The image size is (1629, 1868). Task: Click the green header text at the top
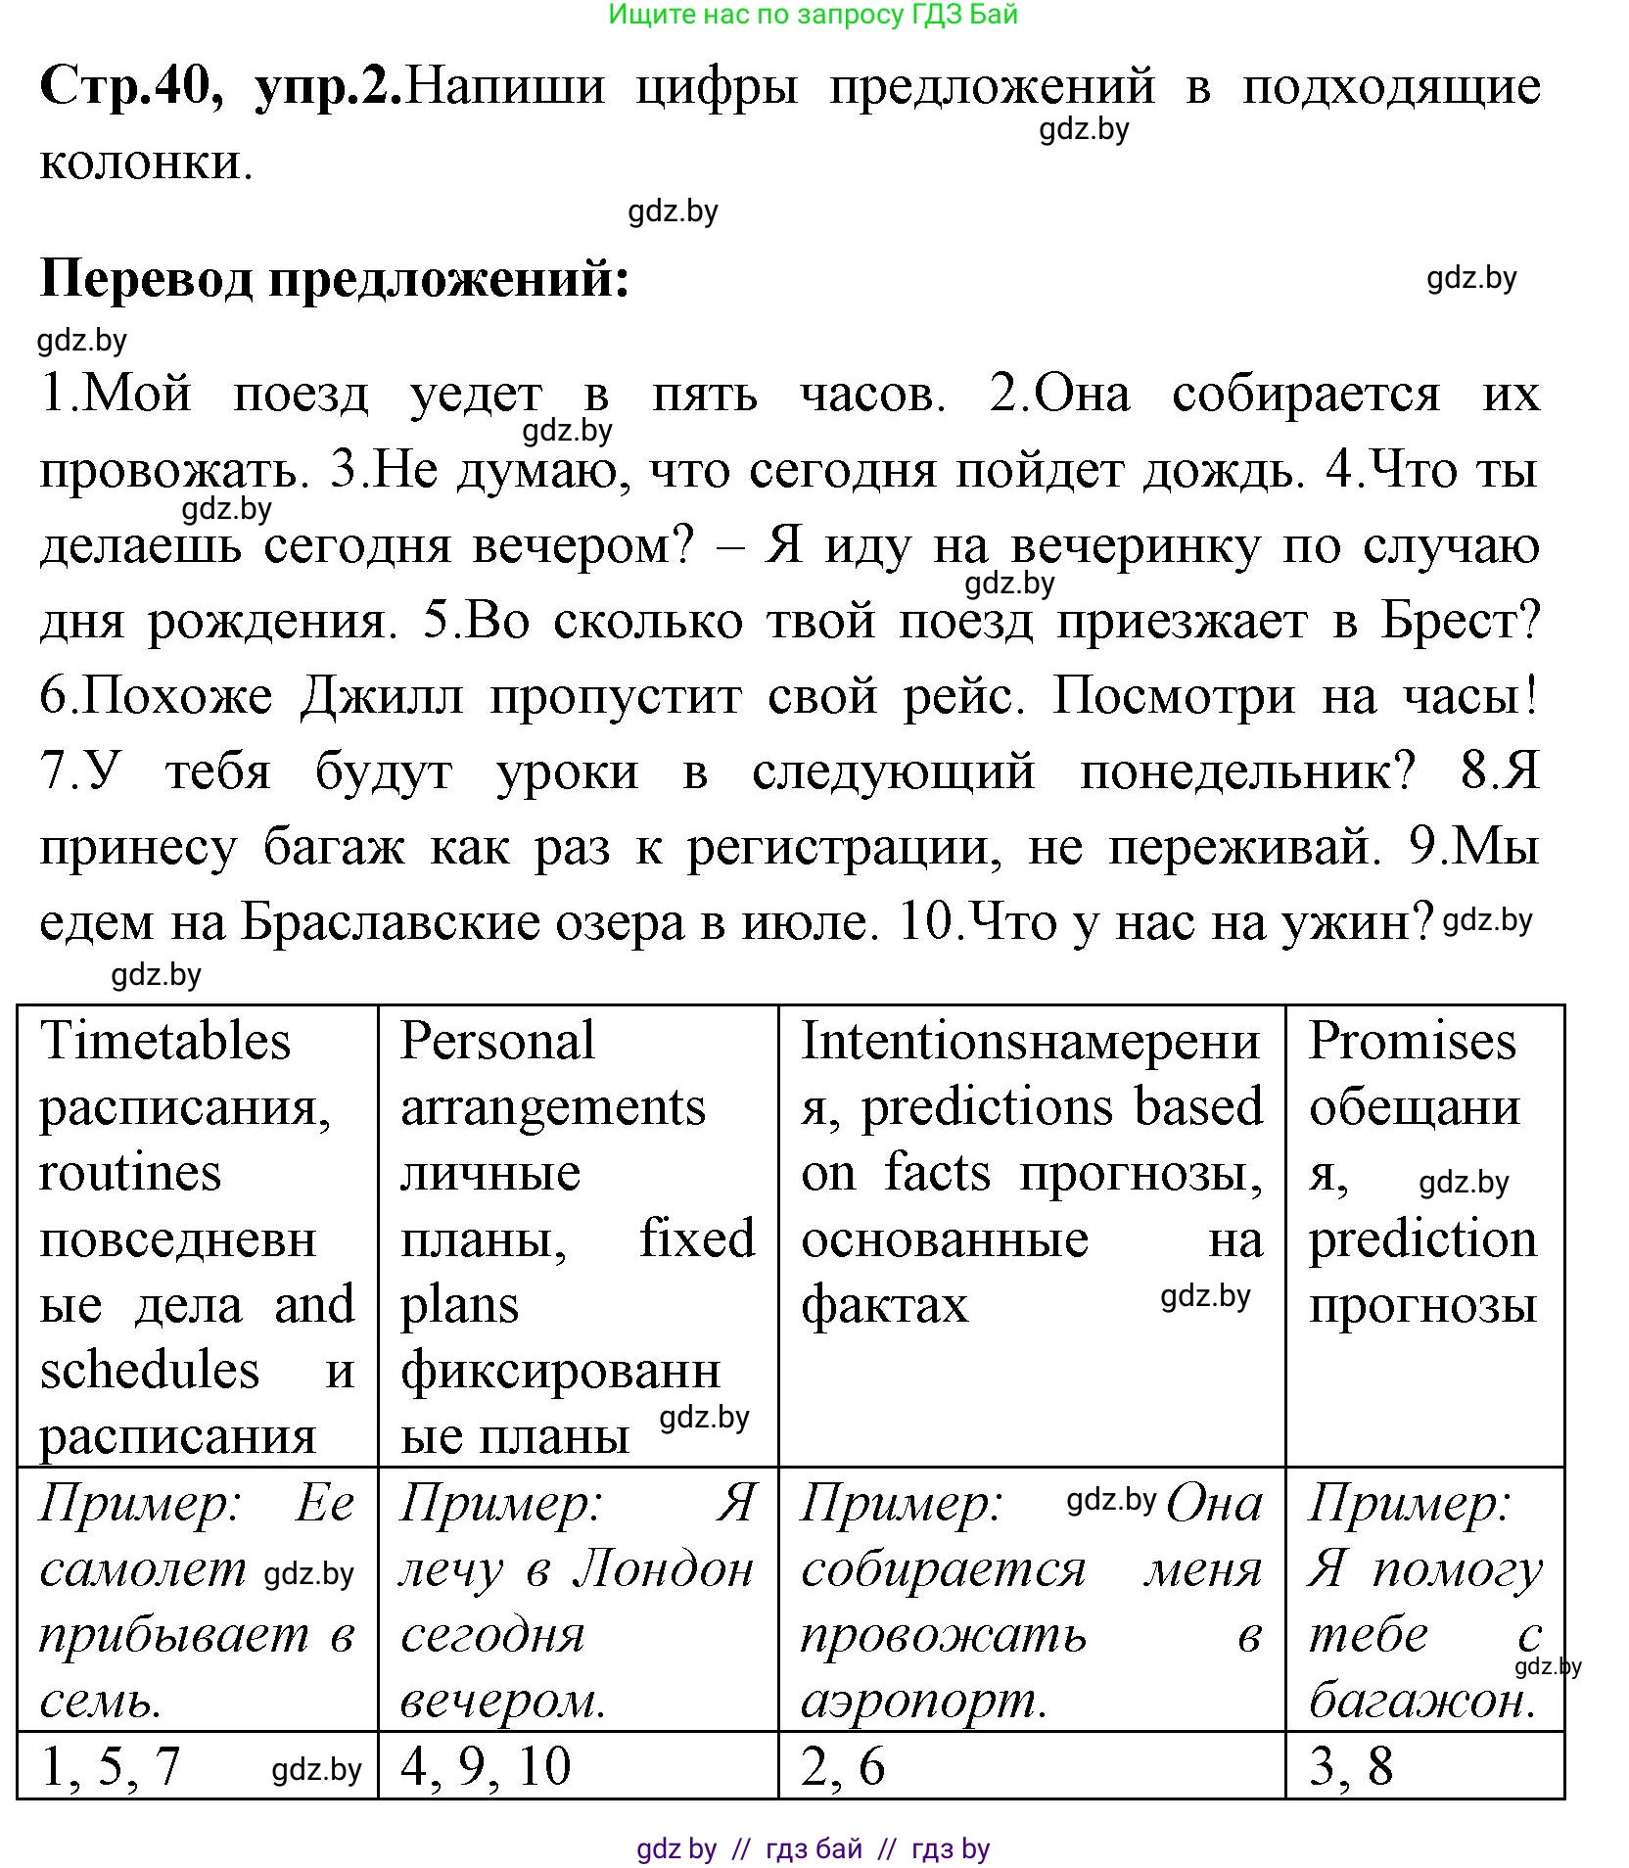click(x=813, y=15)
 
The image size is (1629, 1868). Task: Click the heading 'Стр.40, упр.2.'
click(x=220, y=86)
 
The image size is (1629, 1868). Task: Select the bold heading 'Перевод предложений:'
click(x=334, y=280)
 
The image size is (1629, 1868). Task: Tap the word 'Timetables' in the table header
click(x=165, y=1041)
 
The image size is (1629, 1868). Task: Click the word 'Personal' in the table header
click(x=497, y=1041)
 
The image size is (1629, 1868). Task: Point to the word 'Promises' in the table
click(x=1412, y=1041)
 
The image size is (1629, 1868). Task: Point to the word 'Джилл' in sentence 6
click(x=382, y=697)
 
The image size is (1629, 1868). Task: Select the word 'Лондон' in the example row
click(x=664, y=1569)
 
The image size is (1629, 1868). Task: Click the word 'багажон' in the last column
click(x=1418, y=1701)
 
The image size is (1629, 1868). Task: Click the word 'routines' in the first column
click(x=130, y=1173)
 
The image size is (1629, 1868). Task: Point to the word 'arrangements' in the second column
click(x=553, y=1107)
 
